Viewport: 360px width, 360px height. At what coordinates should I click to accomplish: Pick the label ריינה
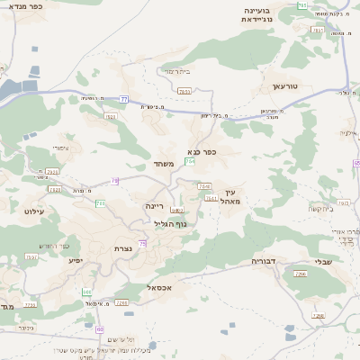156,205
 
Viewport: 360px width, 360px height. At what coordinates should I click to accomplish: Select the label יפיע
76,259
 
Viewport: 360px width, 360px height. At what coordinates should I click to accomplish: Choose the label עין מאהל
233,196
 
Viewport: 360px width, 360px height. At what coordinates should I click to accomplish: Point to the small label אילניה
350,132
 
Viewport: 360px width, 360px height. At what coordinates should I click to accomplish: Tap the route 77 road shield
123,98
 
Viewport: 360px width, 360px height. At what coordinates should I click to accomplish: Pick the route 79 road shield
114,181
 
